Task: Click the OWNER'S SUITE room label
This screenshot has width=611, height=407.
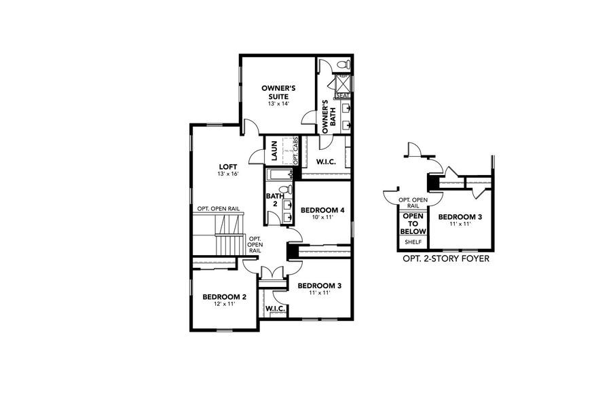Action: (x=278, y=92)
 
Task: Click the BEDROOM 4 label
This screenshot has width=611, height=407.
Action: (x=322, y=210)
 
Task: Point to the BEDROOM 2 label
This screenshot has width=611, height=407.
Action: (x=224, y=296)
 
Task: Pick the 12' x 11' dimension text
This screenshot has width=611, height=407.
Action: (x=224, y=305)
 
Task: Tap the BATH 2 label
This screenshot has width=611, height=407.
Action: (x=270, y=200)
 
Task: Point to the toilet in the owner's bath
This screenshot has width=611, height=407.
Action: (x=342, y=65)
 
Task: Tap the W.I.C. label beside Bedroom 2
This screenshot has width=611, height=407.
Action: (x=275, y=309)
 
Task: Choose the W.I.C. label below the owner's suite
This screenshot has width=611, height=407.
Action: (x=323, y=161)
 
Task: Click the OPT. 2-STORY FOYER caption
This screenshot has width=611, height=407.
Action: (x=446, y=259)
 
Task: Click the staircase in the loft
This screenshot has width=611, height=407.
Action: (x=227, y=234)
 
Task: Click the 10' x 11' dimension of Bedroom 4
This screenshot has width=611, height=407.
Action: (x=322, y=218)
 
